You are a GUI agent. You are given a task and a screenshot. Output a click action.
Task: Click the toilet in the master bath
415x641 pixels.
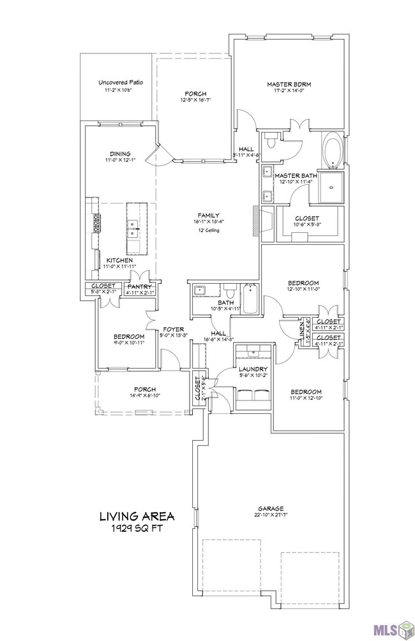(271, 140)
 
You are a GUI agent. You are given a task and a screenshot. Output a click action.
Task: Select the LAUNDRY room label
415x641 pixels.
(252, 369)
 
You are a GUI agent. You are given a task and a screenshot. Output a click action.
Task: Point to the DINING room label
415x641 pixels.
(120, 154)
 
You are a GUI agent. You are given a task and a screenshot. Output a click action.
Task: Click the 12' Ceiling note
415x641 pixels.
(208, 230)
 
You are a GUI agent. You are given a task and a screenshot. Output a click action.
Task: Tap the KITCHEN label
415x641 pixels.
(119, 260)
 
